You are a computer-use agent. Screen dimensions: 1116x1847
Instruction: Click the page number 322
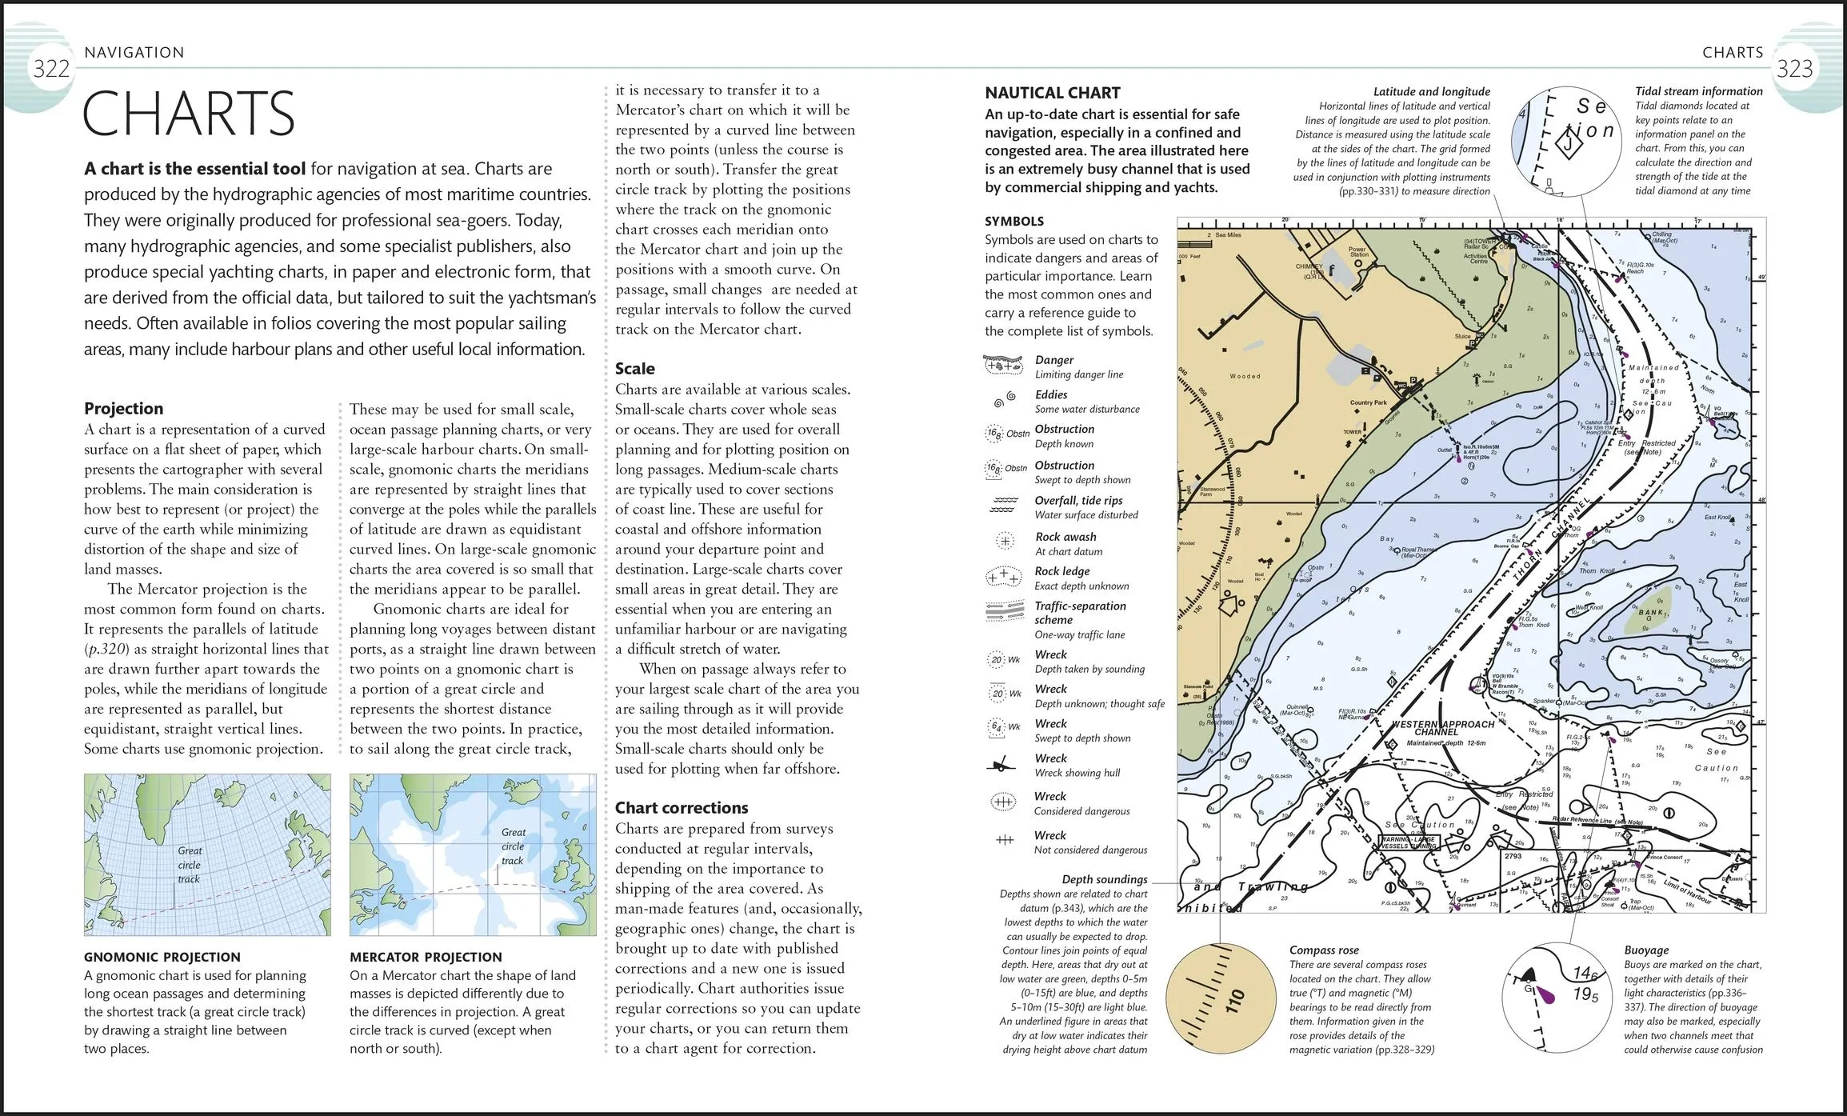pyautogui.click(x=51, y=69)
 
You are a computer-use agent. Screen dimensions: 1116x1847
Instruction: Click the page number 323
pyautogui.click(x=1794, y=69)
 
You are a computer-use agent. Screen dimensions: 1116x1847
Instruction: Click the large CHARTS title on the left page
pyautogui.click(x=189, y=114)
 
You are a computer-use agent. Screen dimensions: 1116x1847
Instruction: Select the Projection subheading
pyautogui.click(x=123, y=408)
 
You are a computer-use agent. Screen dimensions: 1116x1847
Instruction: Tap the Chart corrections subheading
pyautogui.click(x=682, y=807)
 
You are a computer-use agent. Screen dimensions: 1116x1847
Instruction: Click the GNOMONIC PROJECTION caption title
pyautogui.click(x=162, y=957)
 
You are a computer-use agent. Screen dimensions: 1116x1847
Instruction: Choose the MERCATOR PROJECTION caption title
pyautogui.click(x=426, y=957)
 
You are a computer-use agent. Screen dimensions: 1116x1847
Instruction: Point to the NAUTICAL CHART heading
pyautogui.click(x=1053, y=93)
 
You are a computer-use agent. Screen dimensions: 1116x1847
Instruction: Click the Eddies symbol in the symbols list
pyautogui.click(x=1005, y=399)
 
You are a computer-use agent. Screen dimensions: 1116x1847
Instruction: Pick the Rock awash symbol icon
pyautogui.click(x=1005, y=542)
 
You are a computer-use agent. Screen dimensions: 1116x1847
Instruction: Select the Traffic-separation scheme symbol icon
pyautogui.click(x=1005, y=611)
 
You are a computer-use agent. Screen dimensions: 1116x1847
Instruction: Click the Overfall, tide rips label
pyautogui.click(x=1078, y=500)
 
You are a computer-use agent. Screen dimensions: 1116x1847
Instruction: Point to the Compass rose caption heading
pyautogui.click(x=1324, y=950)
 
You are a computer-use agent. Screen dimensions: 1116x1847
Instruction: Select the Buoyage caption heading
pyautogui.click(x=1646, y=950)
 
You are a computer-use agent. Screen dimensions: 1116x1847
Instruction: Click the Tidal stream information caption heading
pyautogui.click(x=1698, y=91)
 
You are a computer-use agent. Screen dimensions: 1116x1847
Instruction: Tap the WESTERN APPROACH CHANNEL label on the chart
pyautogui.click(x=1442, y=727)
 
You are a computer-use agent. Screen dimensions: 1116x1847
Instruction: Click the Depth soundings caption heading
pyautogui.click(x=1104, y=879)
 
